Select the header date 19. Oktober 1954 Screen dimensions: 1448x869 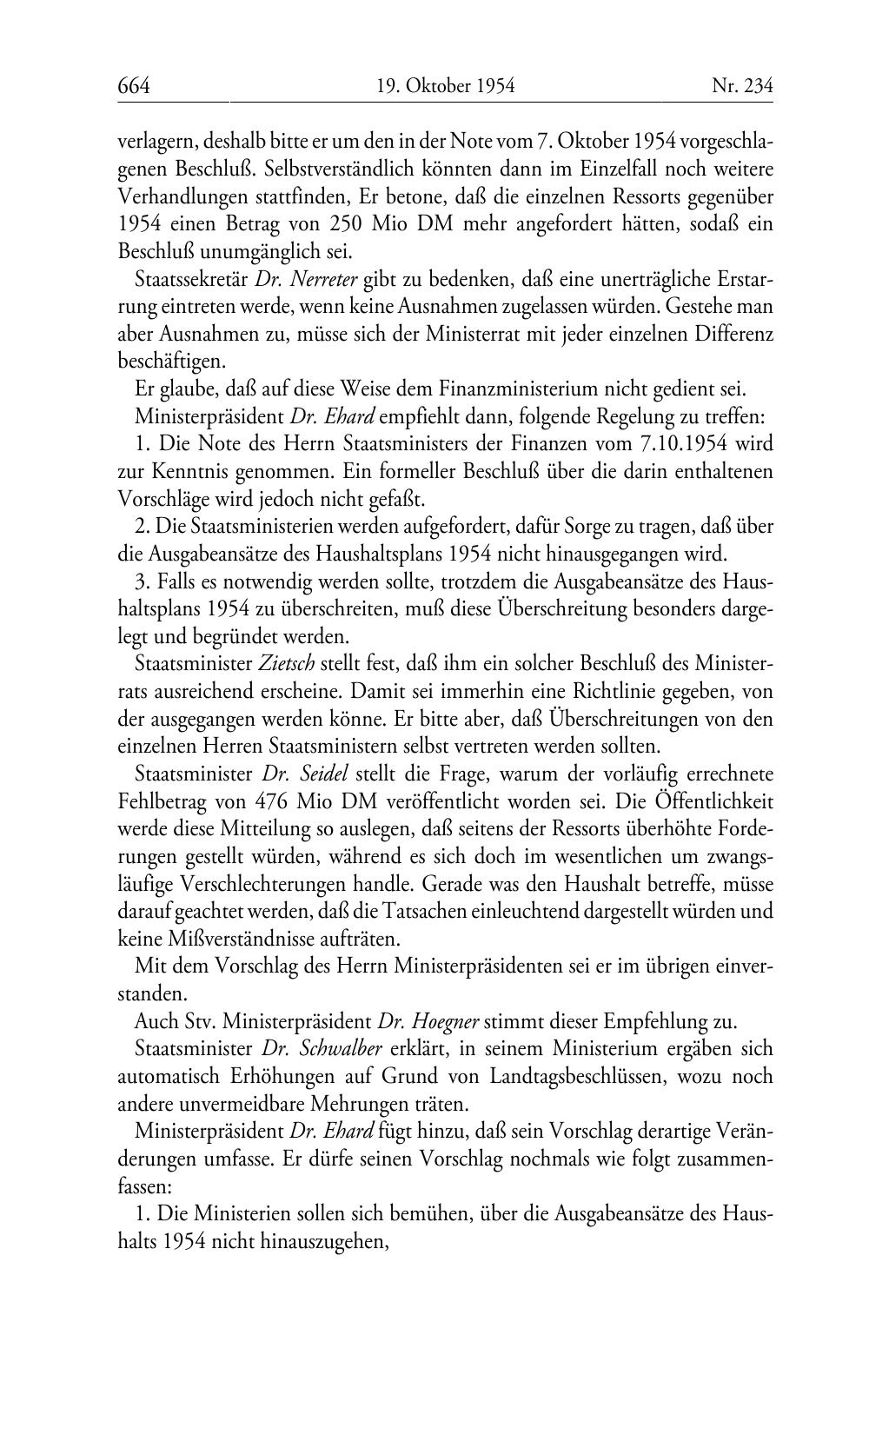pyautogui.click(x=446, y=86)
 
